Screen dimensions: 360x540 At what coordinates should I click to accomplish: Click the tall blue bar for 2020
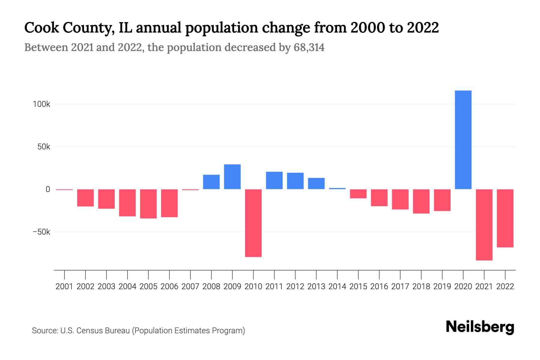(463, 140)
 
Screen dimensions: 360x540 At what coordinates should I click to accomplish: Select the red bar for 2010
(253, 223)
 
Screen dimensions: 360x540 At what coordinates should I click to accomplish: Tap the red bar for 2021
(484, 225)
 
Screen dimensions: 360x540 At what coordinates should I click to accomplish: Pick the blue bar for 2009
(232, 177)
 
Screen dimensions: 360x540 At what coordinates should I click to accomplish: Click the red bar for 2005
(148, 204)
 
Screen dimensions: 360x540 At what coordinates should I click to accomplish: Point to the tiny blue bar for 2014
(337, 188)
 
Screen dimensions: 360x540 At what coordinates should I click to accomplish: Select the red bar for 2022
(505, 218)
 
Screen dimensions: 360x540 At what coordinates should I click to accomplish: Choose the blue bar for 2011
(274, 180)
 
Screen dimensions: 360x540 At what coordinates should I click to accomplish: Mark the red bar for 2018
(421, 201)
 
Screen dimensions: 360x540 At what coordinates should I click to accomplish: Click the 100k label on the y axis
(41, 104)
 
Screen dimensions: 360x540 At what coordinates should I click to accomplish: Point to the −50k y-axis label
(41, 232)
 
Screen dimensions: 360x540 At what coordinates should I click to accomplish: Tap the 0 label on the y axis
(48, 189)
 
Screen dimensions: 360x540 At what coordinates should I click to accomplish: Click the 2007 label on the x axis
(190, 286)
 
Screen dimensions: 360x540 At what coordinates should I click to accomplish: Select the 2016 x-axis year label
(379, 286)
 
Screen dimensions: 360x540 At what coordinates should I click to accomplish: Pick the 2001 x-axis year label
(64, 286)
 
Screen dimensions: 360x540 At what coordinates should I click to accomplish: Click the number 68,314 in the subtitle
(309, 47)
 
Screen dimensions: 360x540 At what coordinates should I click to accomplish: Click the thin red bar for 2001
(64, 190)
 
